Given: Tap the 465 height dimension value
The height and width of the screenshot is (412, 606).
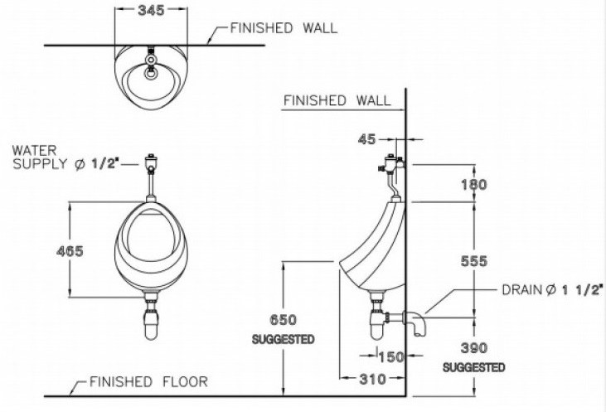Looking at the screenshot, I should [x=70, y=251].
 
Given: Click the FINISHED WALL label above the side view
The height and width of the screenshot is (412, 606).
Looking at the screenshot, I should [x=337, y=100].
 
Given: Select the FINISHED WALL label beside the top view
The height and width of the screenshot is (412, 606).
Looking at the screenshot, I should [x=284, y=28].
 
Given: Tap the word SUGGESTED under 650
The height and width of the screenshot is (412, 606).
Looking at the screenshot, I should [x=284, y=339].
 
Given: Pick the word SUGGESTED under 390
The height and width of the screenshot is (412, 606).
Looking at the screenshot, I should [x=473, y=367].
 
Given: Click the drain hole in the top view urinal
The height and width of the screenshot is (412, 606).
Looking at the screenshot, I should [x=151, y=74].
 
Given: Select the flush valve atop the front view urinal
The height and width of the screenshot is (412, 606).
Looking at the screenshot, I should [x=151, y=160].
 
